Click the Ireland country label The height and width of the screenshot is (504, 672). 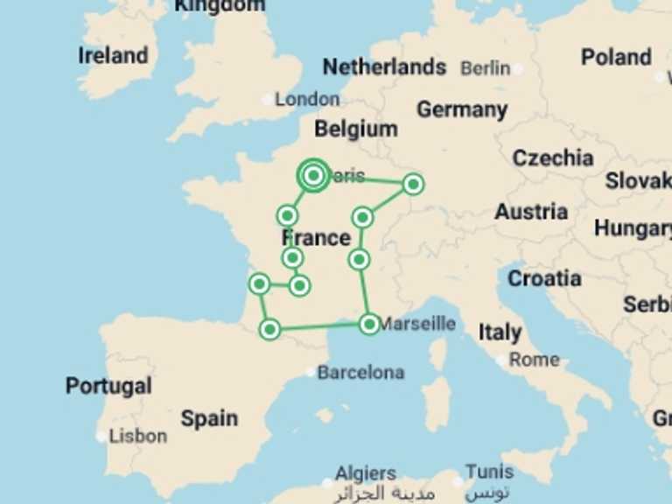point(113,56)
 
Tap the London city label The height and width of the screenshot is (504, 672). point(307,99)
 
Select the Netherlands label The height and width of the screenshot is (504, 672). point(384,67)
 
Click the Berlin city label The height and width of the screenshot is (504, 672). point(485,68)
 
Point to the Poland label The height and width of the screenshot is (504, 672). point(616,58)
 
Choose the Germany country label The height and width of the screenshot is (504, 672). point(462,110)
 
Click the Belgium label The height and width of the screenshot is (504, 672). point(356,129)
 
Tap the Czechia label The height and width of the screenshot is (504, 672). point(553,158)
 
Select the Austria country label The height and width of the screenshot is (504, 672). point(531,212)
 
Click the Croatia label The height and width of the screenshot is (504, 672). point(544,278)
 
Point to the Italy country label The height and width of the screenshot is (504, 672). point(500,332)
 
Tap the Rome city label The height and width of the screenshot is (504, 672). point(534,360)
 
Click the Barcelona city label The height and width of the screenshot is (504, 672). point(360,373)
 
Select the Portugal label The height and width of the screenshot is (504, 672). point(108,386)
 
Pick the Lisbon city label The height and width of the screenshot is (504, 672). point(138,435)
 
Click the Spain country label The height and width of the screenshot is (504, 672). point(209,418)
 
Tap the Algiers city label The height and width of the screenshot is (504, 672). point(366,473)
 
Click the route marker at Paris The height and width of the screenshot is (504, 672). point(313,175)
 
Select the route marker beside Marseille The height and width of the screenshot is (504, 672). point(369,325)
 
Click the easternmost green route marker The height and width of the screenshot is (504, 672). point(413,184)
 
